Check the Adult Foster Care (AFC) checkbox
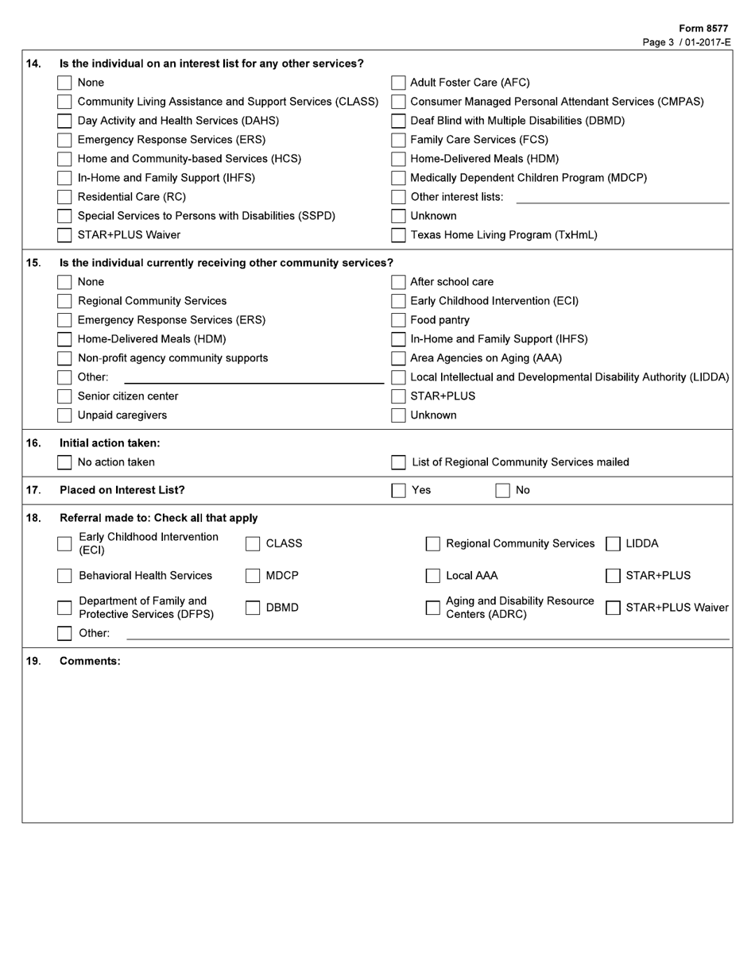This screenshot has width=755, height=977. [398, 83]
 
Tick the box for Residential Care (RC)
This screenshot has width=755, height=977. [64, 197]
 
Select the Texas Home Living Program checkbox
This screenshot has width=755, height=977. [398, 235]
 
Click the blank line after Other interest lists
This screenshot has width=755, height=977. [622, 197]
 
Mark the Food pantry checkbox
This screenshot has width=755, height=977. [398, 320]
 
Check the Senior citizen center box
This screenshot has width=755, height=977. [64, 396]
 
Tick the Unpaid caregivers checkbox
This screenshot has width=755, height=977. [64, 415]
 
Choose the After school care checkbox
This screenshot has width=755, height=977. [398, 282]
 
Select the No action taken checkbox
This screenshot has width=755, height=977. [64, 462]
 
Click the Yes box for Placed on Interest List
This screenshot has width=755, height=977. [398, 490]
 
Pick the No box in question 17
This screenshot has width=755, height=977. [502, 490]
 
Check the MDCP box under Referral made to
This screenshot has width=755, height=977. [253, 576]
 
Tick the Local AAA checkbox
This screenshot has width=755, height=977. [432, 576]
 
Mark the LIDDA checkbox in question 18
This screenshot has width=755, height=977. [613, 544]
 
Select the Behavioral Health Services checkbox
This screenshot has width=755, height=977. [64, 576]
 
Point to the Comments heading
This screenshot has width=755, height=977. [90, 661]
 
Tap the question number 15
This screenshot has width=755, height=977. [33, 263]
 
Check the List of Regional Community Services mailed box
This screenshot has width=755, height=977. [398, 462]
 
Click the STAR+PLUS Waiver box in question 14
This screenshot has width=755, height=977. [64, 235]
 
